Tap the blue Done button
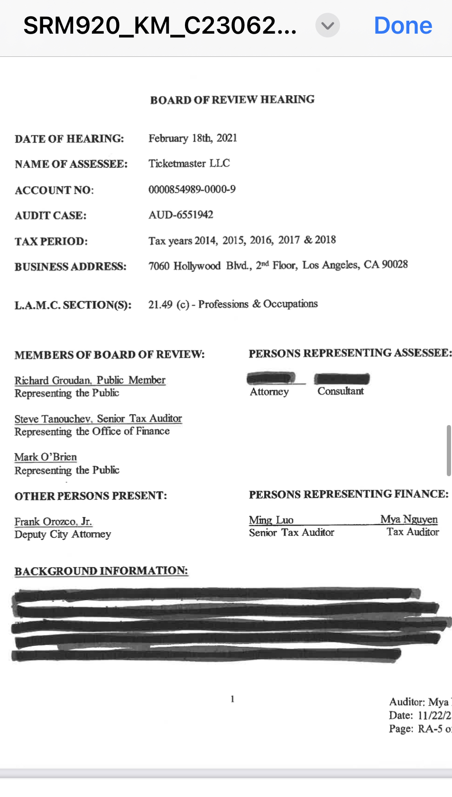(403, 26)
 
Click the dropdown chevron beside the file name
(327, 26)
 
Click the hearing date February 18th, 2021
(193, 138)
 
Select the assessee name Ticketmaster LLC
(189, 163)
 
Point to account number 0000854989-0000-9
(192, 190)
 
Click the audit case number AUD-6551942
(181, 215)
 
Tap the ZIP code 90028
(395, 264)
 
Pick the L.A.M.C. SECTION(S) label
(73, 305)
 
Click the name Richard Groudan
(52, 380)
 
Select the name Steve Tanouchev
(52, 419)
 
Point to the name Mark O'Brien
(46, 457)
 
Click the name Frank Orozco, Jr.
(53, 522)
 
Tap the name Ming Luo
(271, 520)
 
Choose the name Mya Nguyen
(409, 519)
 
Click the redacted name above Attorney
(270, 378)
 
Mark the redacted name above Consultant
(341, 379)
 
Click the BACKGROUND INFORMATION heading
(101, 571)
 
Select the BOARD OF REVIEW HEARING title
(232, 100)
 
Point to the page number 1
(232, 699)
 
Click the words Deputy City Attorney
(63, 534)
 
